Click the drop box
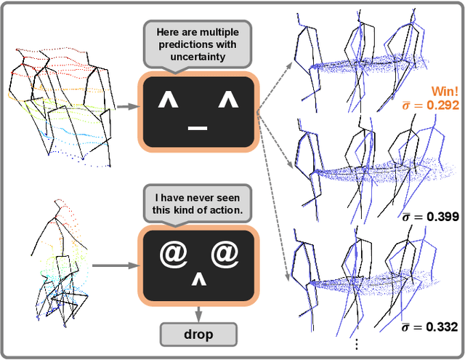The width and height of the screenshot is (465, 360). pyautogui.click(x=198, y=334)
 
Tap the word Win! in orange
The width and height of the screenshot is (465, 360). pyautogui.click(x=445, y=91)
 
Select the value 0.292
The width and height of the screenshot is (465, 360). pyautogui.click(x=442, y=105)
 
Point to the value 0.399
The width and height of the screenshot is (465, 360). pyautogui.click(x=442, y=217)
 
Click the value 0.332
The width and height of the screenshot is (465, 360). pyautogui.click(x=442, y=327)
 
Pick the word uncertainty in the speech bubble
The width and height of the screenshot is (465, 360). pyautogui.click(x=198, y=57)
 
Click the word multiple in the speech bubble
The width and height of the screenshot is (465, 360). pyautogui.click(x=219, y=32)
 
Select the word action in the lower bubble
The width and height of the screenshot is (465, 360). pyautogui.click(x=225, y=210)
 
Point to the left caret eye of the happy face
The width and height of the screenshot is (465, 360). pyautogui.click(x=168, y=100)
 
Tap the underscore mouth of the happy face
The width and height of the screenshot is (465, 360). pyautogui.click(x=198, y=128)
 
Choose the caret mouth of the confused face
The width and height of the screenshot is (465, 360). pyautogui.click(x=198, y=280)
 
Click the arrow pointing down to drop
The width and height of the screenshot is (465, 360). pyautogui.click(x=198, y=314)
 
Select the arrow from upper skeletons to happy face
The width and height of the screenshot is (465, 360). pyautogui.click(x=128, y=107)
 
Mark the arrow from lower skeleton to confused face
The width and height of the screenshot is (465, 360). pyautogui.click(x=116, y=265)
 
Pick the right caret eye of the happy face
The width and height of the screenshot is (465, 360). pyautogui.click(x=228, y=100)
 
